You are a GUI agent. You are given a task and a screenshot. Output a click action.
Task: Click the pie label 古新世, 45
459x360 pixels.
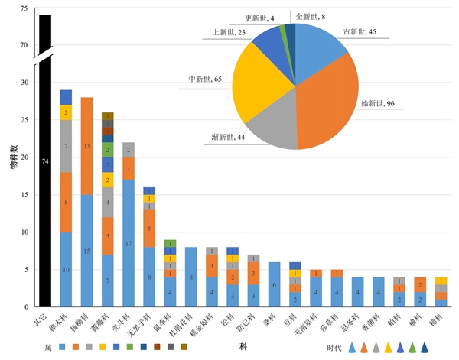(x=363, y=32)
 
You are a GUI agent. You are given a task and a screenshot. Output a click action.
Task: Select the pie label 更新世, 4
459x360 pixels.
(x=262, y=18)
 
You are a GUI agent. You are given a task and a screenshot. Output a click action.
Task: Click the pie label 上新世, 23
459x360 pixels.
(x=227, y=33)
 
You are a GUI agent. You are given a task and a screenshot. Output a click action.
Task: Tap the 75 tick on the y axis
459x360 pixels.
(x=24, y=9)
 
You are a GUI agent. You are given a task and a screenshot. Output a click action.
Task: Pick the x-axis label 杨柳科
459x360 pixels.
(x=88, y=325)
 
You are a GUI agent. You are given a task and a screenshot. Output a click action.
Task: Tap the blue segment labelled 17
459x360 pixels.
(x=129, y=243)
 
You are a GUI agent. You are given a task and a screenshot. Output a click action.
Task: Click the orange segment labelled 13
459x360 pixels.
(x=87, y=146)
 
